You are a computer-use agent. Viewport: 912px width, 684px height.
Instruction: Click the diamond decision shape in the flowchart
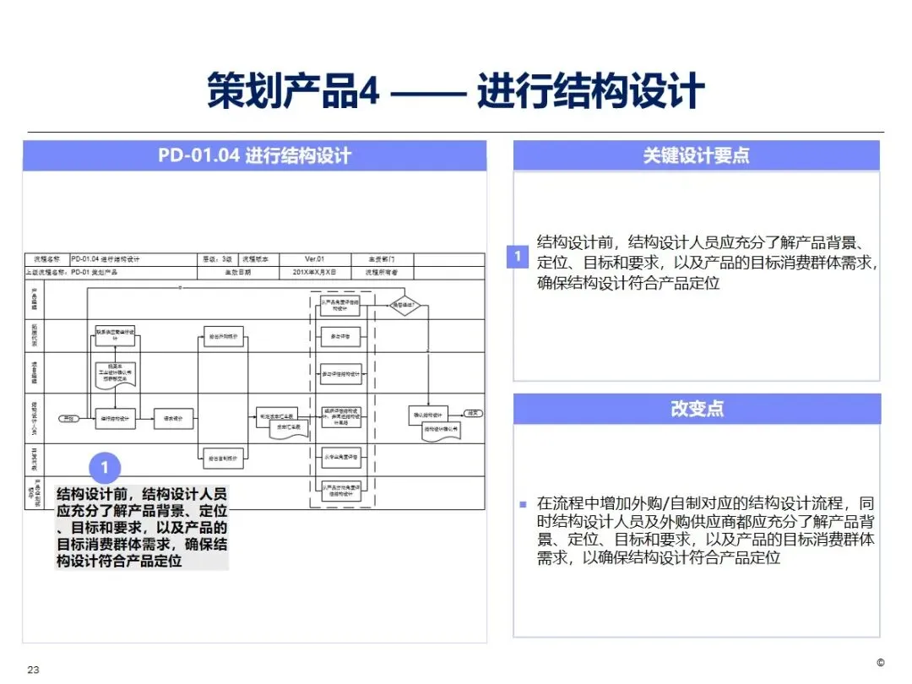pos(405,307)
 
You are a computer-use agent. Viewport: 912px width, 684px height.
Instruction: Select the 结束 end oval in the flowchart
pos(475,414)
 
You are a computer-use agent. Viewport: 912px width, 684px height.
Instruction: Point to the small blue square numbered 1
pos(518,256)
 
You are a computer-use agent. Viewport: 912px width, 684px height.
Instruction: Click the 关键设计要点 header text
pos(696,155)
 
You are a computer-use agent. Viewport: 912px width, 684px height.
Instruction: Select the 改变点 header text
pos(697,409)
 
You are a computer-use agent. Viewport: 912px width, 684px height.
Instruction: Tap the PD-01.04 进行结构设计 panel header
pos(254,156)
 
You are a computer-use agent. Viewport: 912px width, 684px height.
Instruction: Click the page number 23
pos(34,670)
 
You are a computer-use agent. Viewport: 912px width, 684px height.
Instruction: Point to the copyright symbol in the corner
pos(880,662)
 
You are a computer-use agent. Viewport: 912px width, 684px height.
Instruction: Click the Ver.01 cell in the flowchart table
pos(314,259)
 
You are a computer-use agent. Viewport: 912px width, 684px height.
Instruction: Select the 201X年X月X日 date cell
pos(314,273)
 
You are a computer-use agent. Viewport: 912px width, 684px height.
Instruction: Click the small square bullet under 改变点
pos(524,504)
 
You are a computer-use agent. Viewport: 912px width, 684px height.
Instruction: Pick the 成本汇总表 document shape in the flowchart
pos(290,429)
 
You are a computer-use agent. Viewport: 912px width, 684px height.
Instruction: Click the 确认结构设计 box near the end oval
pos(427,415)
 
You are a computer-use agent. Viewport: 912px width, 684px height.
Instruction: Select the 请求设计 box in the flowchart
pos(174,418)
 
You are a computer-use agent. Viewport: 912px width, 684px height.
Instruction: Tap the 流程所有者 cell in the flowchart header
pos(382,273)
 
